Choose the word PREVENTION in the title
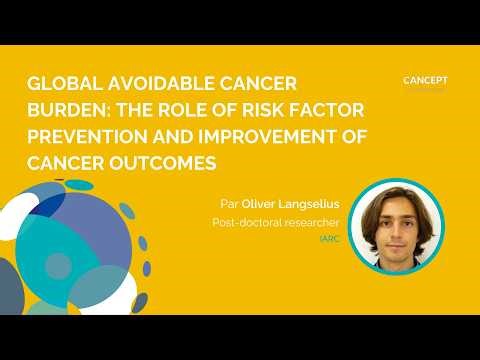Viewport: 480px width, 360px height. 87,137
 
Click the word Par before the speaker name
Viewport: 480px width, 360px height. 229,204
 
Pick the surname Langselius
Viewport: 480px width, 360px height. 312,204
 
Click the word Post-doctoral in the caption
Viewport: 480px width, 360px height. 248,223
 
